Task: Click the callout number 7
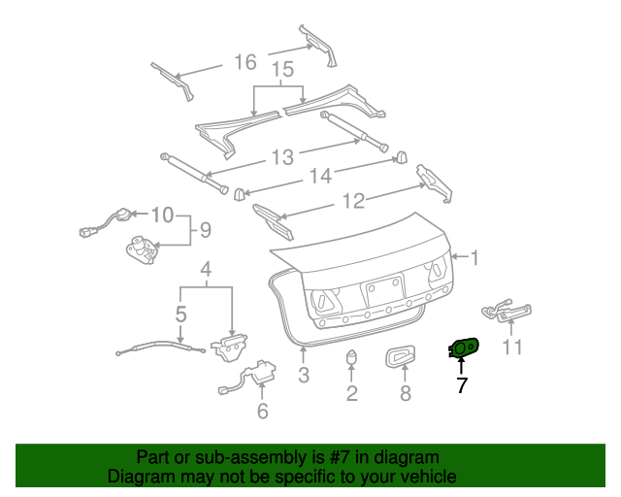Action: point(462,385)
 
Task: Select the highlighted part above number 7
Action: point(464,346)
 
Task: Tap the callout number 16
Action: point(245,62)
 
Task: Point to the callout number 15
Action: point(281,70)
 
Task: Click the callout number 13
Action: point(282,157)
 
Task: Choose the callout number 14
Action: point(321,176)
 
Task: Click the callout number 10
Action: point(162,214)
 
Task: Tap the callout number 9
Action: point(204,230)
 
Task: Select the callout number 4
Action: point(206,269)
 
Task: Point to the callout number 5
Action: point(181,314)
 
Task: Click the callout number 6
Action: point(262,411)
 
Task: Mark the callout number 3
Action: point(304,375)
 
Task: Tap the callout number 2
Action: point(351,393)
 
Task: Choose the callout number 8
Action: point(406,393)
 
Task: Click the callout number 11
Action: point(512,347)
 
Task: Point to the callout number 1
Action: point(474,257)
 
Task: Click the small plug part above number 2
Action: point(351,357)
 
